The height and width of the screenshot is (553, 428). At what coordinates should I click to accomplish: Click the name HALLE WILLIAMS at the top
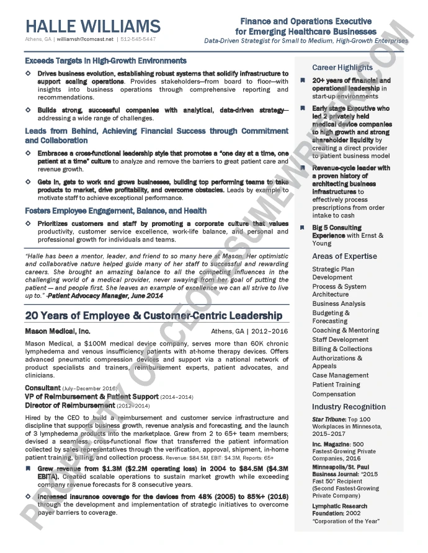coord(93,26)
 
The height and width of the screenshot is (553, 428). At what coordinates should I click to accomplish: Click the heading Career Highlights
coord(342,67)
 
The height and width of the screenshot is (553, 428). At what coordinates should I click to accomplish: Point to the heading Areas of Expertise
coord(344,256)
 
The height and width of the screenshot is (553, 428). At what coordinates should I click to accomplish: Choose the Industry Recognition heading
coord(349,407)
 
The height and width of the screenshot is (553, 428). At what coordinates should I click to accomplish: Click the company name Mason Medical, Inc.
coord(58,331)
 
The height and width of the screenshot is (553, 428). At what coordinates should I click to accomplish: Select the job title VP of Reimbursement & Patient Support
coord(92,396)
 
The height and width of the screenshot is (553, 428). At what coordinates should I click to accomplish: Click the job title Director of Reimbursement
coord(69,406)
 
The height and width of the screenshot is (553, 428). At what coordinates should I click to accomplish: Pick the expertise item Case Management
coord(341,375)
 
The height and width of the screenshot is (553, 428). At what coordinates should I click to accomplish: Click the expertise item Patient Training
coord(336,385)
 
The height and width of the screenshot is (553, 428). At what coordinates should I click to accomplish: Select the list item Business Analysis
coord(339,304)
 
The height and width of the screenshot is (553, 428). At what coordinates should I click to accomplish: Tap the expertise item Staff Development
coord(341,339)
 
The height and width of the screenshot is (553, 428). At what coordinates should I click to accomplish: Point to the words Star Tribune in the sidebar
coord(325,419)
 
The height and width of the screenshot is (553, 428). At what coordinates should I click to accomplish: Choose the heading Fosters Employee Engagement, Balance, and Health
coord(116,211)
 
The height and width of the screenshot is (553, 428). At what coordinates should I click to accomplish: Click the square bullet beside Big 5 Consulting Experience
coord(303,228)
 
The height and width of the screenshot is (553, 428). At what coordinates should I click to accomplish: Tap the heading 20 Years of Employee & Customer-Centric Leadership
coord(153,316)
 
